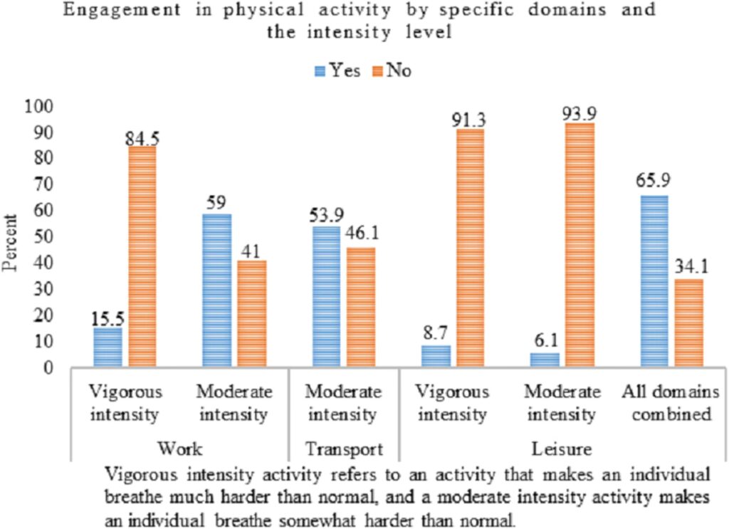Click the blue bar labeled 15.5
(x=107, y=347)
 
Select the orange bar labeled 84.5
(x=143, y=257)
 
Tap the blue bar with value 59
(x=216, y=290)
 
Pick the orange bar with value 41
(x=251, y=314)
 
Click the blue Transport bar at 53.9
(x=326, y=297)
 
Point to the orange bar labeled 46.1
(x=361, y=308)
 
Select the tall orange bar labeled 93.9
(x=580, y=245)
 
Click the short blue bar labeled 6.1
(x=545, y=360)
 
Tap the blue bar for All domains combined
(x=654, y=281)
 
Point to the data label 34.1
(x=690, y=269)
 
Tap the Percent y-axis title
(x=10, y=239)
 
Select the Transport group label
(x=344, y=449)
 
